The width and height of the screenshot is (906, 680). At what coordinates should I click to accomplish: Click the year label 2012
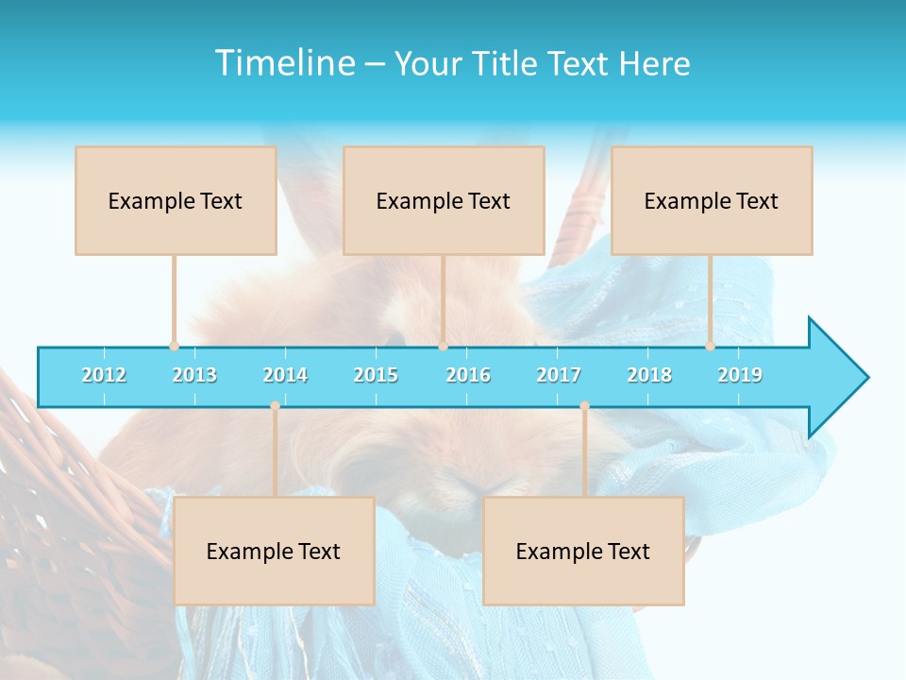(104, 375)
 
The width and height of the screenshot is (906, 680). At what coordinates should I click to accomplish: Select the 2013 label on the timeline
(194, 375)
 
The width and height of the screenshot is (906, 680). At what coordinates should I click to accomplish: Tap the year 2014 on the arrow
(285, 375)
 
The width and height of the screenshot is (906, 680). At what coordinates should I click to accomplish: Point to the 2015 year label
(376, 375)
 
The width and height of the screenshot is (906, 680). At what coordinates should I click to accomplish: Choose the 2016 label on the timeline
(468, 375)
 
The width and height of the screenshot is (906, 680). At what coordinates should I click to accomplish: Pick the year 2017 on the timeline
(559, 375)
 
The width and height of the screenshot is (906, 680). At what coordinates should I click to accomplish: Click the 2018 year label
(649, 375)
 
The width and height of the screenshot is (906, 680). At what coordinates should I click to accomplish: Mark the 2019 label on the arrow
(740, 375)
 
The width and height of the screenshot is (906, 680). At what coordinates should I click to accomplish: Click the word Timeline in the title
(283, 63)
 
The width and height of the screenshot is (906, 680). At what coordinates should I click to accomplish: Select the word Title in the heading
(507, 63)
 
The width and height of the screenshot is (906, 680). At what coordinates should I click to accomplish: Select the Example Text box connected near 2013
(176, 200)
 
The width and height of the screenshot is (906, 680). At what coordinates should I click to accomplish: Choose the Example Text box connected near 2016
(444, 200)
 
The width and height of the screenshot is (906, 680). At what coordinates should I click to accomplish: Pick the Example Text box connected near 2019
(712, 200)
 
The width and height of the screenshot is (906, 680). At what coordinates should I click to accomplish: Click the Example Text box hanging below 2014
(274, 551)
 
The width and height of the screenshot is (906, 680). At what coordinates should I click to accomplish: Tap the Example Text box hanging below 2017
(583, 551)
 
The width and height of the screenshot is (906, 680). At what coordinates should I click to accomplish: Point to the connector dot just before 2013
(174, 347)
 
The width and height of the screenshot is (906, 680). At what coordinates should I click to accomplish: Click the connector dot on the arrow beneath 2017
(584, 406)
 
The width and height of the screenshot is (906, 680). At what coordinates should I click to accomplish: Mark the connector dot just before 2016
(443, 347)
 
